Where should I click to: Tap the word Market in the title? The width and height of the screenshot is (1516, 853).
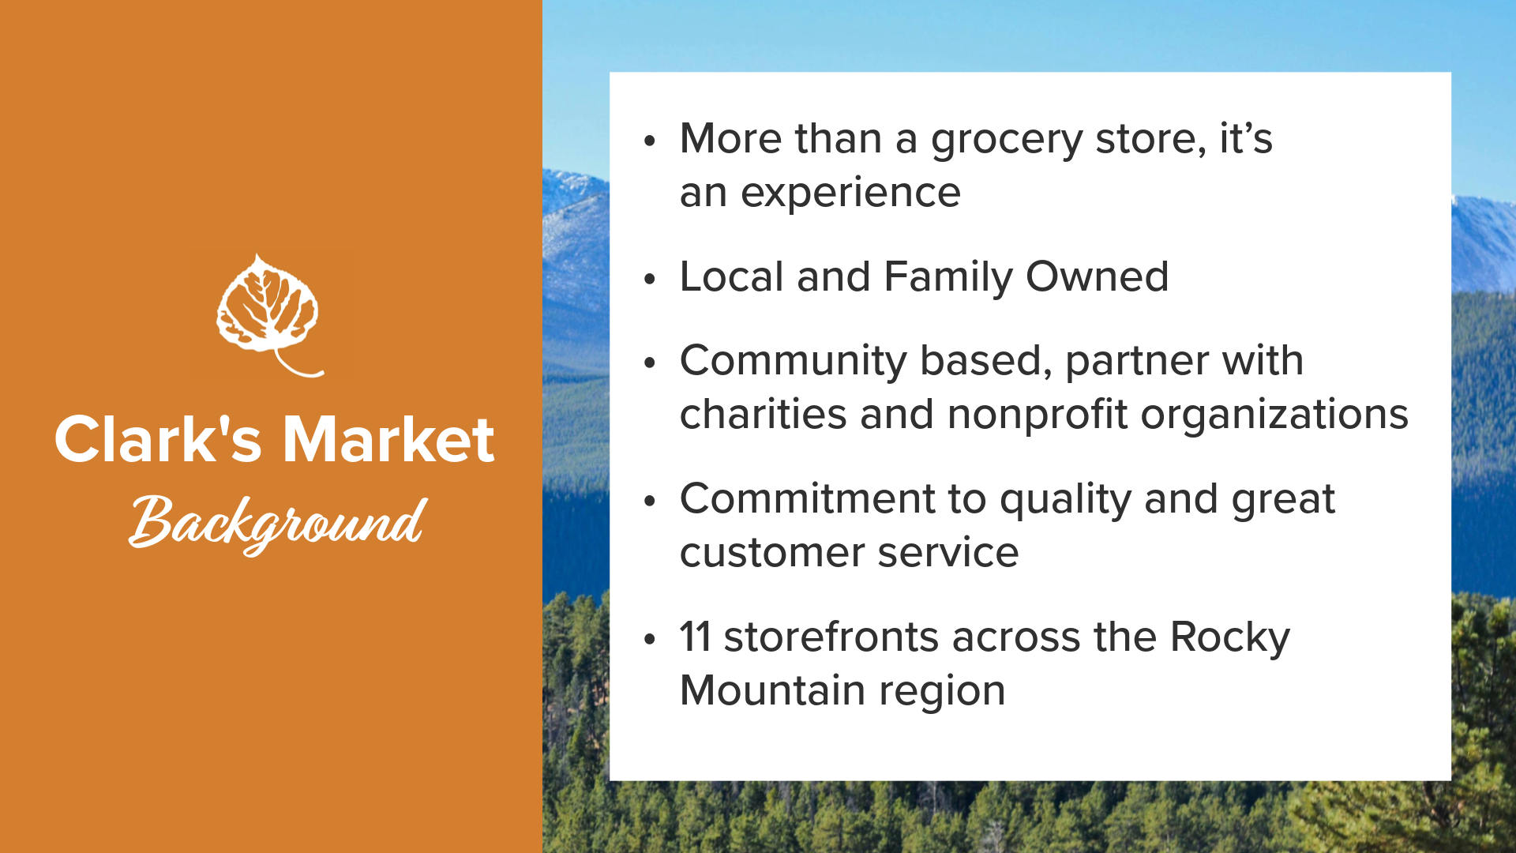388,439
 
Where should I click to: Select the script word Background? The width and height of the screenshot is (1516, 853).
278,523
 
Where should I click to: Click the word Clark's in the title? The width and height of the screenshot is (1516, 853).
158,439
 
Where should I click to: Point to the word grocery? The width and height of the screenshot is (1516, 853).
1007,141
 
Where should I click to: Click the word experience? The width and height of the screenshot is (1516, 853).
850,194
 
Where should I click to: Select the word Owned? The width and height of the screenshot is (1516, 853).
1097,276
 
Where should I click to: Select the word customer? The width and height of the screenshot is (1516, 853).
771,553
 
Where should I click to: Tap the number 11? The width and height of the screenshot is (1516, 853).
695,637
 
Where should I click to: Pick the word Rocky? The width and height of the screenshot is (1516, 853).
1230,639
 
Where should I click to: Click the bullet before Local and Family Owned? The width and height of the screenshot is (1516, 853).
650,279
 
